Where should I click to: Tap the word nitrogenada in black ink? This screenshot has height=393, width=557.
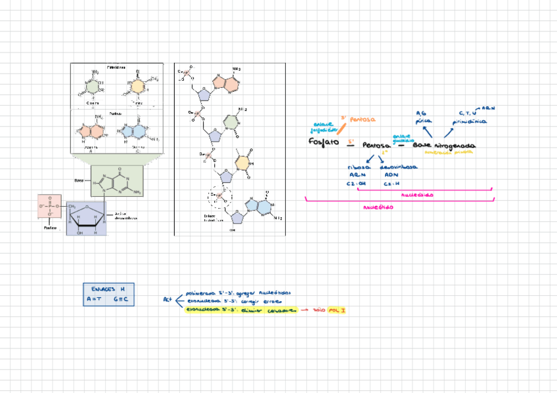(454, 145)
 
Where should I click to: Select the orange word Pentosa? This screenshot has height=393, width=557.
(363, 120)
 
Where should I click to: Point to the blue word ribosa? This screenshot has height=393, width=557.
(359, 167)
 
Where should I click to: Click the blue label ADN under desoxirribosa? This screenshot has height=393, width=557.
(391, 175)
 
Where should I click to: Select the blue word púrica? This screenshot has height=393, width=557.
(423, 121)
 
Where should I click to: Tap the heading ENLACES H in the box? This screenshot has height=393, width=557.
(108, 289)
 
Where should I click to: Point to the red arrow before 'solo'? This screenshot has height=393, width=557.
(305, 309)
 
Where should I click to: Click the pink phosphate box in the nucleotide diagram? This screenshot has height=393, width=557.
(50, 207)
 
